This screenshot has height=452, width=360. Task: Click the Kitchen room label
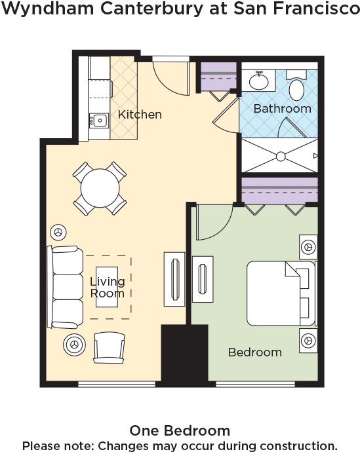click(x=140, y=115)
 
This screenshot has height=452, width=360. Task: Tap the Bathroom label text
click(x=282, y=108)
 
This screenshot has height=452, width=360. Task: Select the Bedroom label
click(x=254, y=352)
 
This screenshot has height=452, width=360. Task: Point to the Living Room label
click(x=107, y=288)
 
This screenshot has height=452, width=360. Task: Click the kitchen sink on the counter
click(x=100, y=120)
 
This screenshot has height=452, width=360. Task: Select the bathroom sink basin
click(x=260, y=81)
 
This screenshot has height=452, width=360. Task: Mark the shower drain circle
click(x=281, y=156)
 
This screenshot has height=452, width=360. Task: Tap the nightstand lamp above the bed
click(x=308, y=247)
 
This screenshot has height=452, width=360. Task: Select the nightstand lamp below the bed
click(x=308, y=341)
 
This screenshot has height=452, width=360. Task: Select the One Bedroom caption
click(x=179, y=430)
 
